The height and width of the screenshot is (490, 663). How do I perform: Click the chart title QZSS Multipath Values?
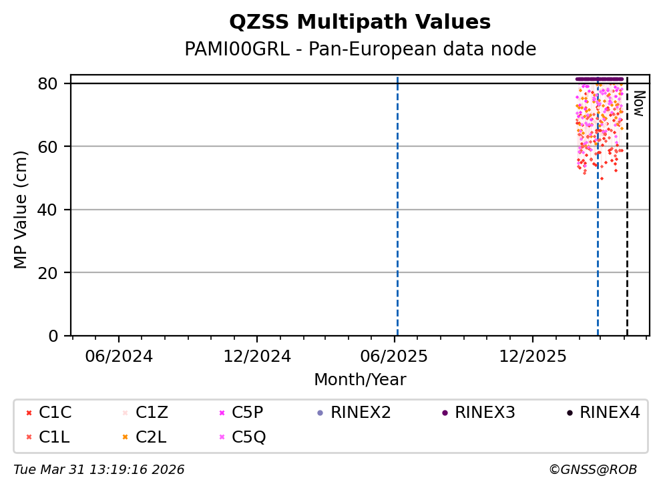point(360,23)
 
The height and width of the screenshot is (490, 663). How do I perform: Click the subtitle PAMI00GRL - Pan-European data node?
point(360,49)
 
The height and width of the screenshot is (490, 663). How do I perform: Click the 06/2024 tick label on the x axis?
point(119,356)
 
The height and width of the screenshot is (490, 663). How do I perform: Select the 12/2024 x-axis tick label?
point(257,356)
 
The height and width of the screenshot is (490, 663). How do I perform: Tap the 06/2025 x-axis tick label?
point(395,356)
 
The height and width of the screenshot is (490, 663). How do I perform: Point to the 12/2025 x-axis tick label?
point(532,356)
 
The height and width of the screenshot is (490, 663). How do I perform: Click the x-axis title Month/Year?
point(360,380)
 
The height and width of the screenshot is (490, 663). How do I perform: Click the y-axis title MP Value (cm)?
point(21,210)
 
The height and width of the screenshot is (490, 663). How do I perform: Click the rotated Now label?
point(638,103)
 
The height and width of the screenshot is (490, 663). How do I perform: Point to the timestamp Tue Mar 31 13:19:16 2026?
point(99,470)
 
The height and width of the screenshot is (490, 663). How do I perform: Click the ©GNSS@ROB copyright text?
point(593,470)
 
